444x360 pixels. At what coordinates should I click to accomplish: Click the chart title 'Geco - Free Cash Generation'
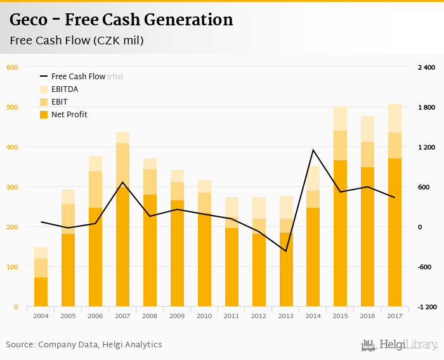(121, 20)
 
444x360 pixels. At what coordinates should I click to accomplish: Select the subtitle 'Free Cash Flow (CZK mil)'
(76, 41)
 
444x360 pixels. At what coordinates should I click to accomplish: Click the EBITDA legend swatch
(44, 89)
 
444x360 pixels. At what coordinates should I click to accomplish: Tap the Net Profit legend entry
(69, 115)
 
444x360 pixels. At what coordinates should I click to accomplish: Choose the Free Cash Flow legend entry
(78, 77)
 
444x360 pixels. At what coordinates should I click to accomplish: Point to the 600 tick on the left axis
(13, 67)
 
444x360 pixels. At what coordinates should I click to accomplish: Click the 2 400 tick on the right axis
(426, 67)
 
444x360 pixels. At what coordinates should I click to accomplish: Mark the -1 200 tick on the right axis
(426, 307)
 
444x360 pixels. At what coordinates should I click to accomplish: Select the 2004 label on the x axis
(41, 315)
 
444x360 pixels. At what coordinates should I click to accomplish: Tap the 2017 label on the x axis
(395, 315)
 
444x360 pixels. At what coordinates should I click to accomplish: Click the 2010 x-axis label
(204, 315)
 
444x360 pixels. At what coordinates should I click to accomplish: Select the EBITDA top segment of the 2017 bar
(395, 118)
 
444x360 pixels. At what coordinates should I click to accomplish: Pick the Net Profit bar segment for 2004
(41, 292)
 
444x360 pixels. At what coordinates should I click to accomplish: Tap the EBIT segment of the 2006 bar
(95, 189)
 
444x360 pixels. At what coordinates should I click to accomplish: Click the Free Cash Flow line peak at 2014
(313, 150)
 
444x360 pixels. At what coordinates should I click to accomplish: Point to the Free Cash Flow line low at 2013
(286, 251)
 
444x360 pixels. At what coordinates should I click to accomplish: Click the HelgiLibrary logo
(399, 345)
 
